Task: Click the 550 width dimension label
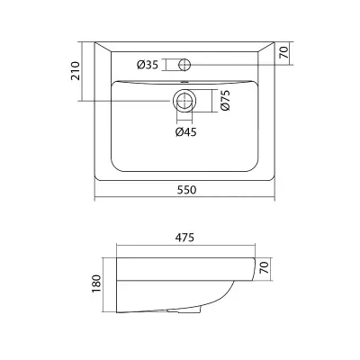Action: tap(186, 190)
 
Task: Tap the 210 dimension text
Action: tap(76, 71)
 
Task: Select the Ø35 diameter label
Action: tap(148, 65)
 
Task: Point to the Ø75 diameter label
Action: tap(225, 100)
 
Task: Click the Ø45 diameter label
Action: tap(186, 132)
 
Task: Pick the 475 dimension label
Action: tap(184, 238)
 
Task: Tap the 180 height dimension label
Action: tap(97, 283)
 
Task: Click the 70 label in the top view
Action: tap(284, 53)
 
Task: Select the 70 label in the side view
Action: tap(264, 267)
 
